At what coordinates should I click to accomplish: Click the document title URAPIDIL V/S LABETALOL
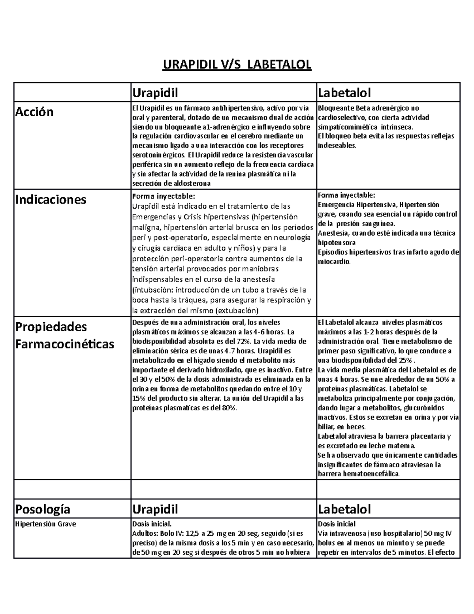tap(237, 64)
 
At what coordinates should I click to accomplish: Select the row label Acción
tap(34, 112)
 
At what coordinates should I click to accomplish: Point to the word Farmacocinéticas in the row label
tap(64, 344)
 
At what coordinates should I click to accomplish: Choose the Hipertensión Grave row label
tap(45, 524)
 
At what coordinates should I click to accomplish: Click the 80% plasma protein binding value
tap(229, 408)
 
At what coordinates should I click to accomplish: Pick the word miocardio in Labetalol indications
tap(333, 262)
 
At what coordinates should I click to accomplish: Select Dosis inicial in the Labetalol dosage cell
tap(337, 524)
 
